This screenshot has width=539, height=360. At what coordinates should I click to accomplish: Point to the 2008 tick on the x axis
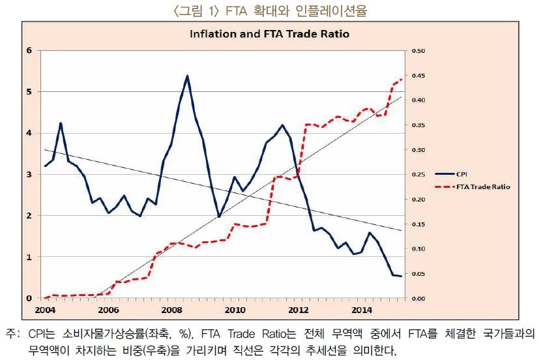click(171, 309)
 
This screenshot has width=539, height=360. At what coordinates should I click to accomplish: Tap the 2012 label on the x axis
click(299, 309)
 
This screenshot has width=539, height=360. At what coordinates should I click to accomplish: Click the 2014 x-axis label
click(362, 309)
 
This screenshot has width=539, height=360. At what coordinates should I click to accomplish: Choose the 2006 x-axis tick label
click(108, 309)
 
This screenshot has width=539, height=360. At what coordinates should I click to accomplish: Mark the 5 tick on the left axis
click(29, 92)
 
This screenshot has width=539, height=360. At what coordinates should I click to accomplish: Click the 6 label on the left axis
click(29, 51)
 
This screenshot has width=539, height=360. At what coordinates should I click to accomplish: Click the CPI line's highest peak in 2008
click(187, 76)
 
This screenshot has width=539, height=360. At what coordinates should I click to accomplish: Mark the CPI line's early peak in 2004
click(61, 123)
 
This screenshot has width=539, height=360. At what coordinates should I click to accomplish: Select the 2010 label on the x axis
click(235, 309)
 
